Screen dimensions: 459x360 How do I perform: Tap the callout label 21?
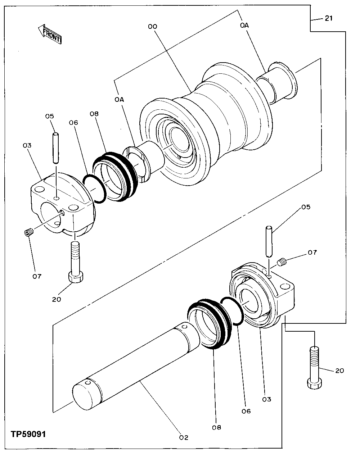(329, 19)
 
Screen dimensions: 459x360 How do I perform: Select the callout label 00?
(153, 26)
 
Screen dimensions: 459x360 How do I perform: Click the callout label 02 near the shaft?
(183, 438)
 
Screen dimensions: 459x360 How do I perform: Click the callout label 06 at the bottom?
(246, 411)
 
